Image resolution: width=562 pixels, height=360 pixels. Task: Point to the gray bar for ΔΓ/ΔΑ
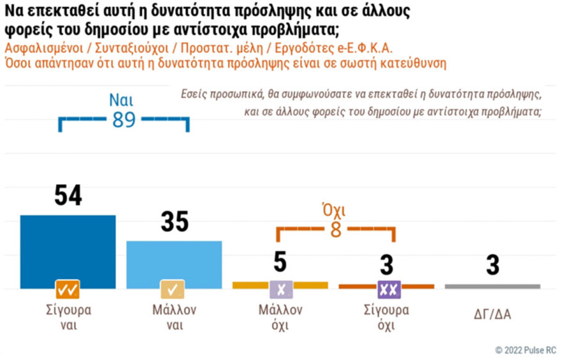point(492,286)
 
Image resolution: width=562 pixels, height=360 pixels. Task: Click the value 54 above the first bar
point(68,195)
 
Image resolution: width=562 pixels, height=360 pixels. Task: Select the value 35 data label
point(174,221)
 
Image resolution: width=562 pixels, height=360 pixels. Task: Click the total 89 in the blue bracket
point(124,119)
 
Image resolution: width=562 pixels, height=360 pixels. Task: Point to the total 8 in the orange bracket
point(335,230)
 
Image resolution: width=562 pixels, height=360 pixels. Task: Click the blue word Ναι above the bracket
point(124,99)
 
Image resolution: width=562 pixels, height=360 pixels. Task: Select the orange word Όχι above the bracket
point(335,211)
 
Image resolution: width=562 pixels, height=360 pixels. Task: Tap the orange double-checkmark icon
point(68,290)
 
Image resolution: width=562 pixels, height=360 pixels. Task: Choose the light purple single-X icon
point(280,290)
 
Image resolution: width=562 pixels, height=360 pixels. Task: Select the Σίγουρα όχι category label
point(386,317)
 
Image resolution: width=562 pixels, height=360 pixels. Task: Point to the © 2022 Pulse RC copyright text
point(525,350)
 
